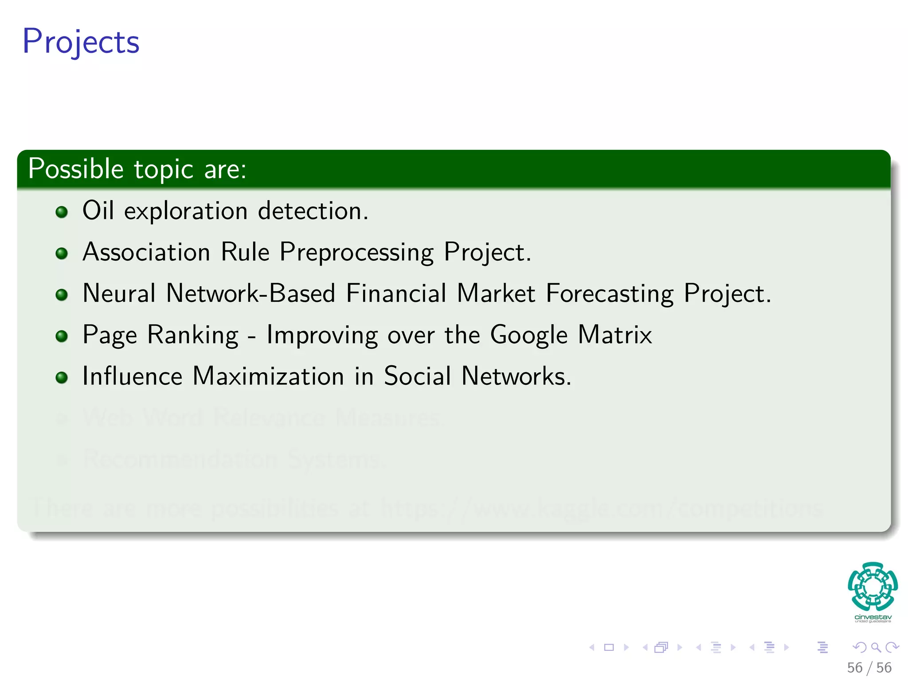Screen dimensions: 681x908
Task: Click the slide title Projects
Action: click(x=81, y=42)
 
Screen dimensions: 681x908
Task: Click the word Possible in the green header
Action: click(x=75, y=169)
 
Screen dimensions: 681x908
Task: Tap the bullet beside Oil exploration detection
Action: click(x=62, y=212)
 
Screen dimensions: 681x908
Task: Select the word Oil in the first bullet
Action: click(x=98, y=210)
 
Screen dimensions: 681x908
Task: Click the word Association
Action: click(x=146, y=252)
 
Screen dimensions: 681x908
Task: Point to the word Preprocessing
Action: click(x=356, y=253)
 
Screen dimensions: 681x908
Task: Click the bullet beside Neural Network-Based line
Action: click(x=62, y=295)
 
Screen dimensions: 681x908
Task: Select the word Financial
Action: click(x=396, y=294)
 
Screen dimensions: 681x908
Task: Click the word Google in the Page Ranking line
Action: click(x=528, y=335)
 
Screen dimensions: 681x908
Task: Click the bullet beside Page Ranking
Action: click(x=62, y=336)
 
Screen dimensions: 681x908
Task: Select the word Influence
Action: click(x=132, y=376)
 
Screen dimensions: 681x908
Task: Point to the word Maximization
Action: click(x=268, y=376)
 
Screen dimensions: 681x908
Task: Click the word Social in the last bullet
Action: click(x=417, y=376)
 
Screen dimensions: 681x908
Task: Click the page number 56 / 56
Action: click(x=869, y=668)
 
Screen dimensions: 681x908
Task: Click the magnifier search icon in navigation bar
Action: click(x=876, y=647)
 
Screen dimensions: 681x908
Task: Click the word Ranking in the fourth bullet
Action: click(x=193, y=335)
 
